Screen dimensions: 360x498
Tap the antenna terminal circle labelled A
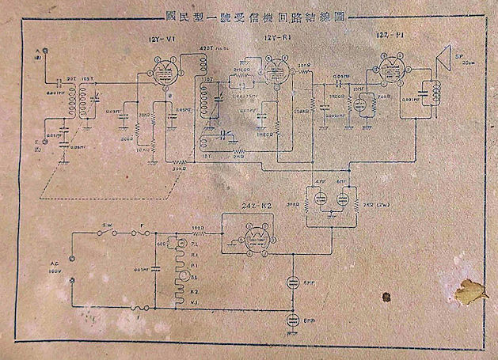[46, 51]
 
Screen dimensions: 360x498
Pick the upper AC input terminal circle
[72, 256]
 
